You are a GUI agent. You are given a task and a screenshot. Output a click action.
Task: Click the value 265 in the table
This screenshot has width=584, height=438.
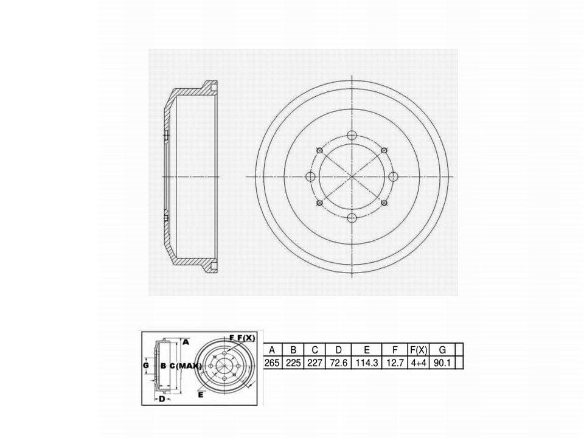pyautogui.click(x=272, y=363)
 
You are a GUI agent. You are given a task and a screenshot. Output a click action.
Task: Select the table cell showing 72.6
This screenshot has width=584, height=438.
pyautogui.click(x=338, y=363)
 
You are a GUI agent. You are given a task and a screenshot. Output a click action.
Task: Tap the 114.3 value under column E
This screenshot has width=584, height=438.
pyautogui.click(x=367, y=363)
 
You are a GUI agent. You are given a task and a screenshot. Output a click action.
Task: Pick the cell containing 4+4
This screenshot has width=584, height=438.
pyautogui.click(x=419, y=363)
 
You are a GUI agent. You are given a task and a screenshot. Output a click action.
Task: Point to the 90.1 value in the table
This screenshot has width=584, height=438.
pyautogui.click(x=442, y=363)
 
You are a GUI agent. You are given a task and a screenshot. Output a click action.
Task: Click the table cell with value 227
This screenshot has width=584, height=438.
pyautogui.click(x=315, y=363)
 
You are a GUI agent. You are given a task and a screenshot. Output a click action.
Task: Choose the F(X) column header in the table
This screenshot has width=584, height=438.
pyautogui.click(x=419, y=350)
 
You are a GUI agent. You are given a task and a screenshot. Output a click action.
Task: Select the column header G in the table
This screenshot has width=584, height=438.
pyautogui.click(x=442, y=350)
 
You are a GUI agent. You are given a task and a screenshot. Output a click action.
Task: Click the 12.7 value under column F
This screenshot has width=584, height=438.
pyautogui.click(x=395, y=363)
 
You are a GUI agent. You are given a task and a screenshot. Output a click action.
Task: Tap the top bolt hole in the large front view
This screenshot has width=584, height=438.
pyautogui.click(x=352, y=135)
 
